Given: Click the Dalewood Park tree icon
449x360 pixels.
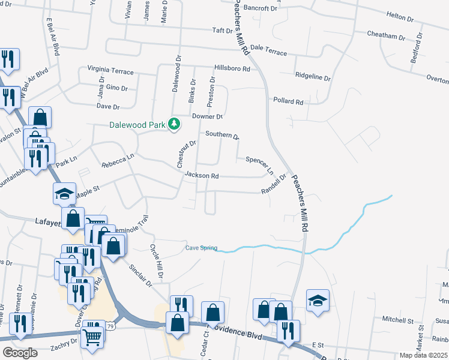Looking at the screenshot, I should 174,124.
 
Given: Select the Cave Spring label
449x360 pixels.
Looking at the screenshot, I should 200,248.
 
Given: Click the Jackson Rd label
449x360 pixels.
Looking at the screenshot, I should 202,176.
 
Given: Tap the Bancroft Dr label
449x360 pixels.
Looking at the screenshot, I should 261,9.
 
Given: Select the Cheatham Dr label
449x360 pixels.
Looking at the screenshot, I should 386,36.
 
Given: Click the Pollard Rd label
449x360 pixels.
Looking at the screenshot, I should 288,101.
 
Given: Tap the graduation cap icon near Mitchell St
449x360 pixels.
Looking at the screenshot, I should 318,300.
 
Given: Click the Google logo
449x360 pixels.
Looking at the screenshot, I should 20,353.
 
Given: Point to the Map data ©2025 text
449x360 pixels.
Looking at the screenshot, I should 423,355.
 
